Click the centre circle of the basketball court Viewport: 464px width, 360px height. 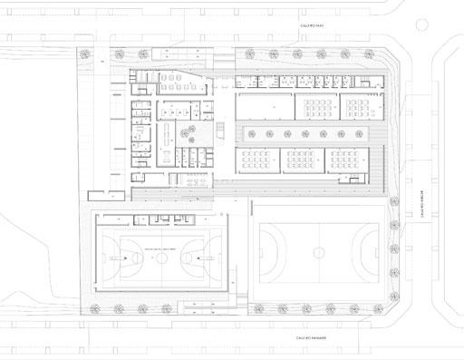pyautogui.click(x=160, y=258)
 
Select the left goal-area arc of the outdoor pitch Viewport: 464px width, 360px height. pyautogui.click(x=268, y=248)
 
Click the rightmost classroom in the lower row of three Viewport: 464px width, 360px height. pyautogui.click(x=346, y=161)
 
